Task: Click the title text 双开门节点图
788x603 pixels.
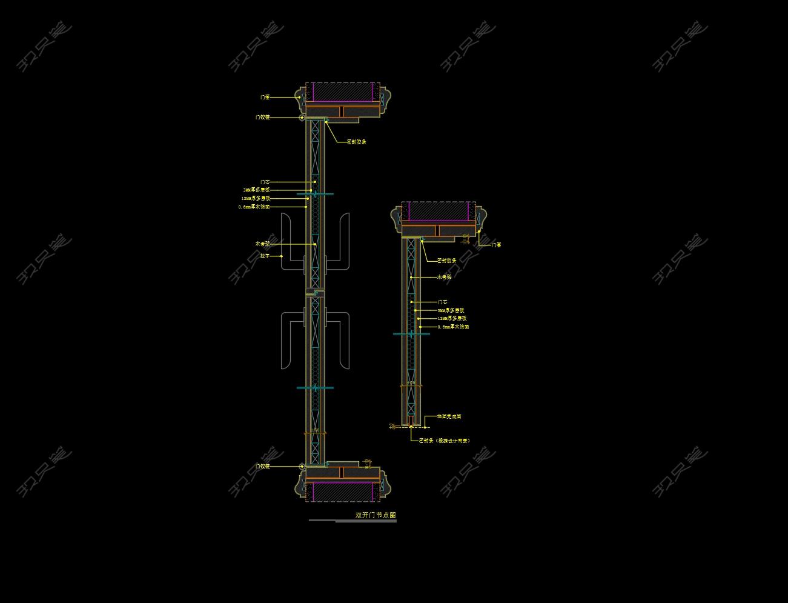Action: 376,515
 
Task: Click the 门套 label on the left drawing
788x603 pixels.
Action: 265,97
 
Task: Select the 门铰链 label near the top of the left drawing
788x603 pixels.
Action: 263,118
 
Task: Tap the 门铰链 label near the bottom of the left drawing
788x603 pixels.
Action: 263,467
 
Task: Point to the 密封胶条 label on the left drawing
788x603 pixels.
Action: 356,142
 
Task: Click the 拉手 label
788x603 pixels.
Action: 265,256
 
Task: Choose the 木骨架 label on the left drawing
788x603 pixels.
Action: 263,244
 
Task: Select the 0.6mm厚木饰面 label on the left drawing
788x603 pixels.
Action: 254,207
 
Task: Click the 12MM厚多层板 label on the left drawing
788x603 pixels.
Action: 256,198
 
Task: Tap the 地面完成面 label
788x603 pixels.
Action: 449,416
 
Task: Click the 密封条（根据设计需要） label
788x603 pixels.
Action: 445,441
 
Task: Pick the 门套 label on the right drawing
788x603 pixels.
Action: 496,245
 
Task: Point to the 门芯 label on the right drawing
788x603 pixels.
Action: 443,302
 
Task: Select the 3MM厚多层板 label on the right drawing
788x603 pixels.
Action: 451,310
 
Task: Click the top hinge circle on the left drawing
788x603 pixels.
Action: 302,118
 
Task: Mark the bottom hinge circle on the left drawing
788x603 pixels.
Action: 302,467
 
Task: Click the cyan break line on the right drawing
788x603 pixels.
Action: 411,334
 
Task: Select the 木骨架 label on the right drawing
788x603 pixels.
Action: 445,277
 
